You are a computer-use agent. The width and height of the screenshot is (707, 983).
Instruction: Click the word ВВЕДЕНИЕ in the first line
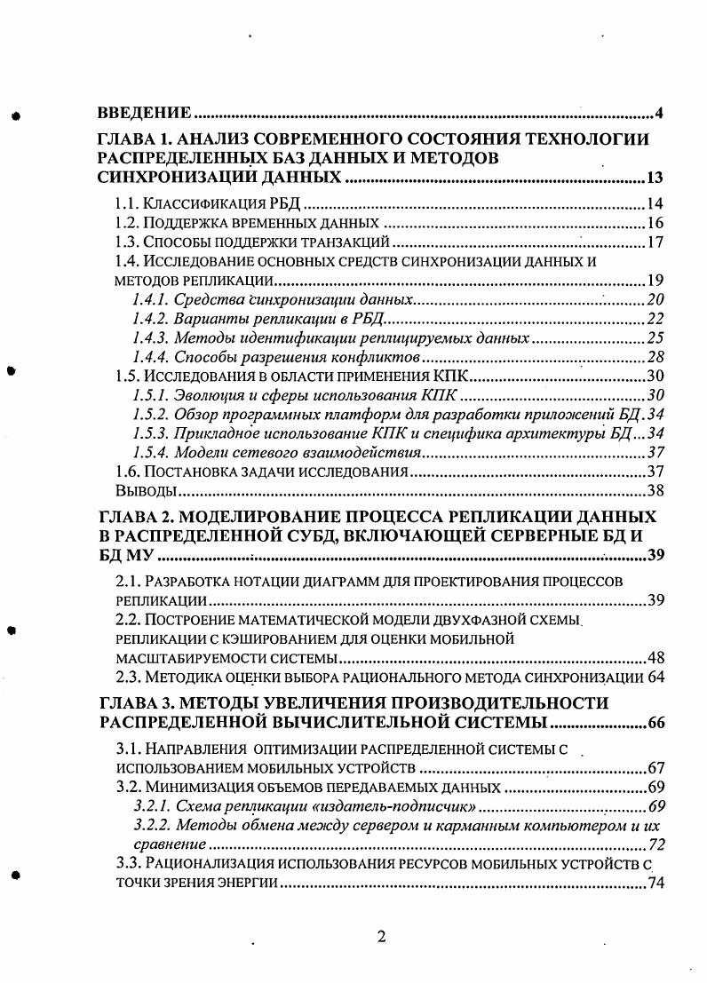pos(144,113)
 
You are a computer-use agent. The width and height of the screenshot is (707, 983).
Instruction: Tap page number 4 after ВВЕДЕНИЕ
pos(659,113)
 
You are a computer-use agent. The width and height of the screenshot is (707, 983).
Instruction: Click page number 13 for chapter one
pos(655,178)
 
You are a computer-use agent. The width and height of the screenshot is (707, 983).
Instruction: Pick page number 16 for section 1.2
pos(656,223)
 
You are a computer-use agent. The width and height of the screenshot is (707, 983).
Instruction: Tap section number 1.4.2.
pos(148,319)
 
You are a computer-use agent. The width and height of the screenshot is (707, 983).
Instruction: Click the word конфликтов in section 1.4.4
pos(377,358)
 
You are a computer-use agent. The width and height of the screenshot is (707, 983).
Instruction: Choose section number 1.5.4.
pos(148,454)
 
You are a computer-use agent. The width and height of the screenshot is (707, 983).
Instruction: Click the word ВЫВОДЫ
pos(139,491)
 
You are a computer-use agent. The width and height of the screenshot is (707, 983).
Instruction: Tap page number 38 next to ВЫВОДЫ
pos(656,491)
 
